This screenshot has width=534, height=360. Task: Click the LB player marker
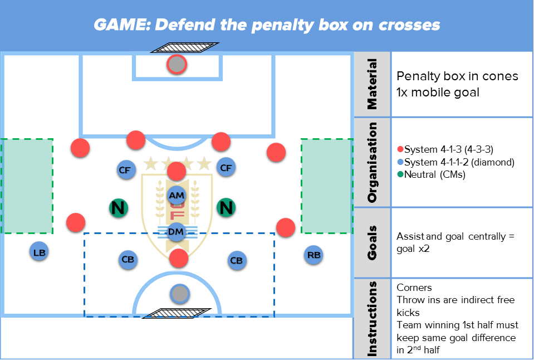[x=39, y=252]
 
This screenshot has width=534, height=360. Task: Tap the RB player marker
[x=314, y=255]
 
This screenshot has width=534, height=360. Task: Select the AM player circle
[x=177, y=196]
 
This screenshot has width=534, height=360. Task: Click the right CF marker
[x=226, y=167]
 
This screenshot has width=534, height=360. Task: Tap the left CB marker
[x=128, y=260]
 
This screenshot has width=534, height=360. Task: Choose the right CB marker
[x=237, y=260]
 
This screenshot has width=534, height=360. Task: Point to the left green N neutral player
[x=118, y=208]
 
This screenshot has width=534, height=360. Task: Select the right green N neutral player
[x=226, y=208]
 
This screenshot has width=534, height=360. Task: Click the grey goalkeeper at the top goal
[x=177, y=65]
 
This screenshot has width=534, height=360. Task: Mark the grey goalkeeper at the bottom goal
[x=179, y=293]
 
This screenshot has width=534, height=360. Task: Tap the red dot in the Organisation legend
[x=400, y=150]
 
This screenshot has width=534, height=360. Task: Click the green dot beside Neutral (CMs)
[x=400, y=174]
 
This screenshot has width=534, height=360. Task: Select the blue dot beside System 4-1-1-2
[x=400, y=162]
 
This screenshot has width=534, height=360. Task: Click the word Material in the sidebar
[x=371, y=84]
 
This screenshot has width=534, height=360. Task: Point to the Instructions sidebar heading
[x=371, y=318]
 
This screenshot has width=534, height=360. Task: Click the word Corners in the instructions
[x=414, y=288]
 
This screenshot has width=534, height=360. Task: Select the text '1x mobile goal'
[x=438, y=93]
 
